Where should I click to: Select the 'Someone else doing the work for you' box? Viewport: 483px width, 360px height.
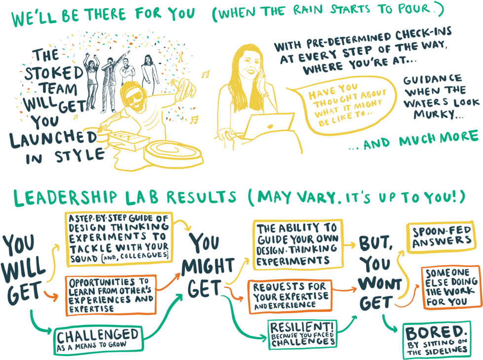click(450, 287)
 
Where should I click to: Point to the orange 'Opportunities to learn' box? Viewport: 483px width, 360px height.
click(111, 295)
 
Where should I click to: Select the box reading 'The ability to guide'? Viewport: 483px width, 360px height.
click(297, 245)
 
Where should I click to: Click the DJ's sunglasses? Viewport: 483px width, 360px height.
click(132, 94)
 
